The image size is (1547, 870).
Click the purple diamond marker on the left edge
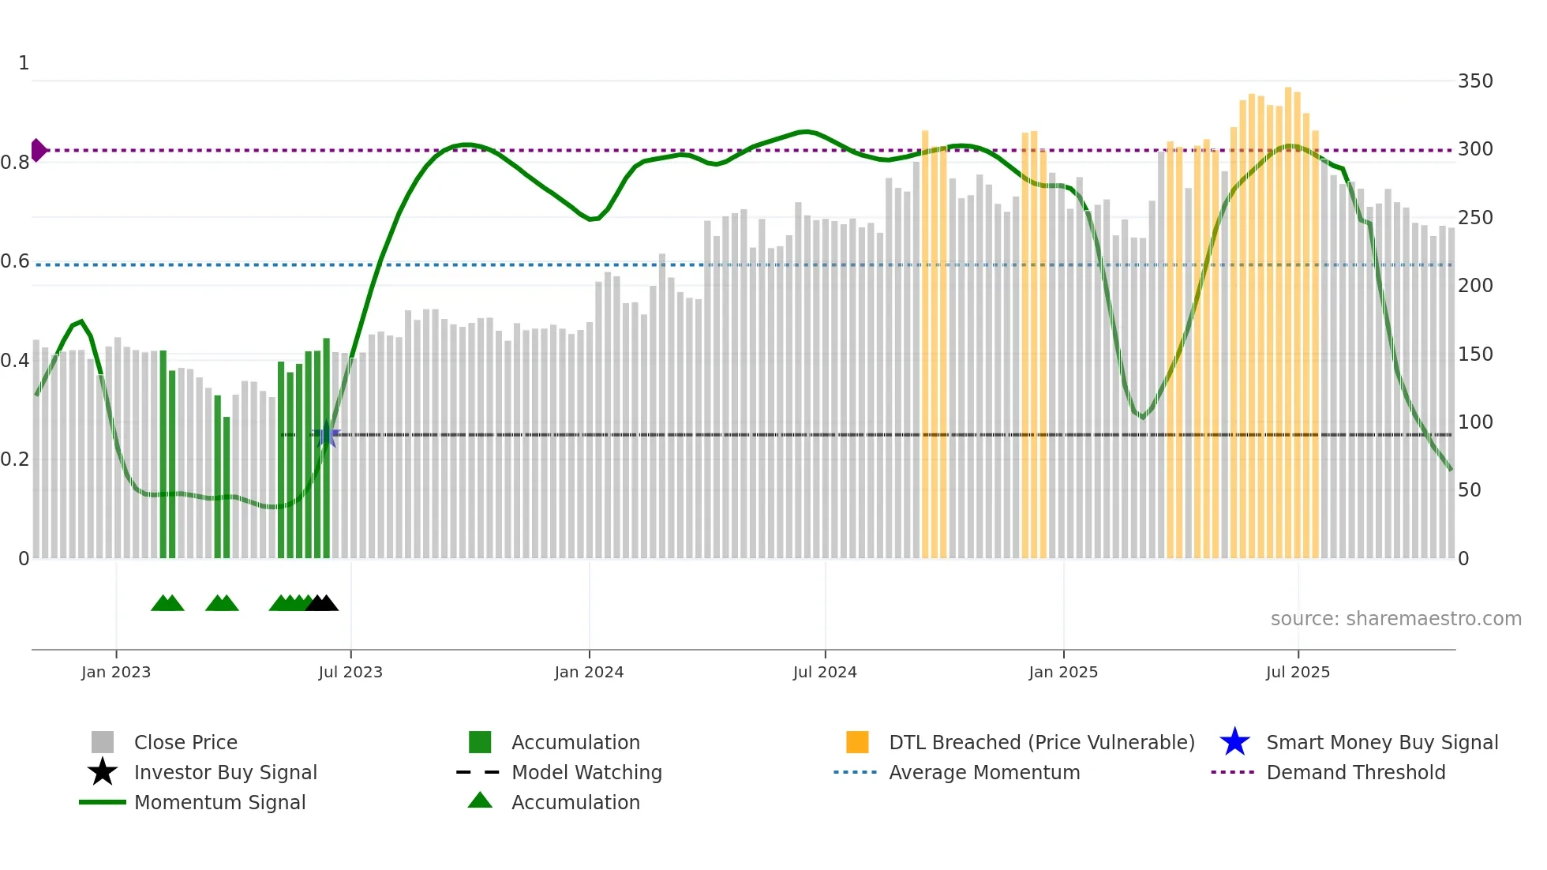coord(38,150)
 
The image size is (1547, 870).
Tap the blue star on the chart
coord(327,434)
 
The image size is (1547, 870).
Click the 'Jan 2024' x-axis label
coord(589,672)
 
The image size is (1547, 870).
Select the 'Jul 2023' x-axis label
coord(350,672)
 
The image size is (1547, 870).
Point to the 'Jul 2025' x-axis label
coord(1298,672)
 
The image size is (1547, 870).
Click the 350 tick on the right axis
coord(1474,81)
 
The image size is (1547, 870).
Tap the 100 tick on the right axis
coord(1474,422)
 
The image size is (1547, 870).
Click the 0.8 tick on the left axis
coord(15,163)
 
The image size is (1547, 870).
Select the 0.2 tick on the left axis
coord(15,459)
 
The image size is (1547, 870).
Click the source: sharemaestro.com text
coord(1395,619)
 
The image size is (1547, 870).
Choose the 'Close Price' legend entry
coord(185,743)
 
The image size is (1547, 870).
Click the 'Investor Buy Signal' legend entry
coord(225,773)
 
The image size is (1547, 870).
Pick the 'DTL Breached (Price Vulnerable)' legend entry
coord(1041,743)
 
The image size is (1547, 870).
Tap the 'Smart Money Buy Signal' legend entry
coord(1381,743)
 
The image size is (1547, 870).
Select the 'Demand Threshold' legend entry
coord(1355,773)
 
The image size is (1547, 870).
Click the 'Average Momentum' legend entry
coord(983,773)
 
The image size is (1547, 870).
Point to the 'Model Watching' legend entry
coord(586,773)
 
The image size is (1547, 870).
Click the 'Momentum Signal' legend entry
coord(219,803)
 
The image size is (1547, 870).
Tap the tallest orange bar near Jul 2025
coord(1288,316)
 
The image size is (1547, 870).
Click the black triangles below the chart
coord(322,604)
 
